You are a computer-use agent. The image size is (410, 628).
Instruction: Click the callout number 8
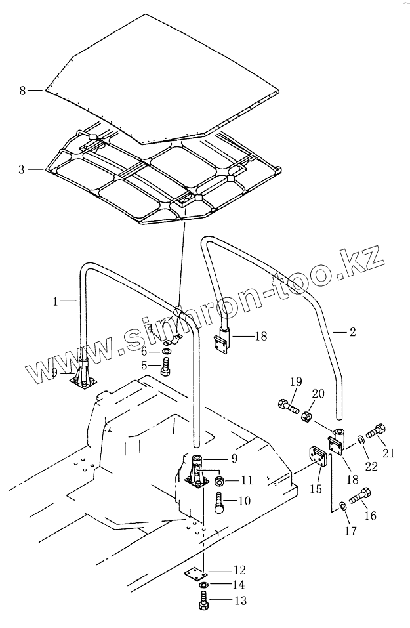coord(23,91)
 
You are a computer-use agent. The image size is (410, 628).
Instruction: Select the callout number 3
coord(22,169)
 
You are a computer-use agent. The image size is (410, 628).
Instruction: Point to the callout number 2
coord(352,333)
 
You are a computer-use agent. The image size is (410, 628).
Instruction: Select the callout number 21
coord(389,453)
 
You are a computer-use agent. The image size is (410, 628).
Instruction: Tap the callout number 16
coord(370,516)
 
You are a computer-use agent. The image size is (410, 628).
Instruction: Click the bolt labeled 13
coord(203,600)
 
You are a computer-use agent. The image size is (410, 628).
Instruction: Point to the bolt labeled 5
coord(165,369)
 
